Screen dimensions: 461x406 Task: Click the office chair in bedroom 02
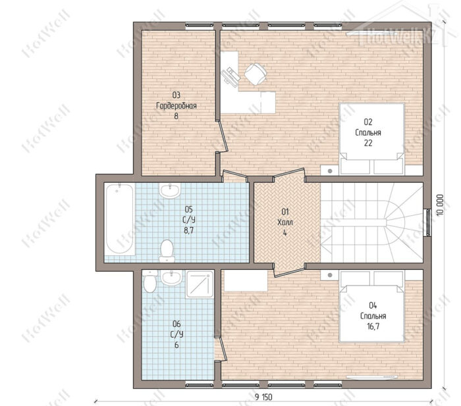(x=256, y=74)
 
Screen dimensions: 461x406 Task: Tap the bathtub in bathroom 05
(x=119, y=218)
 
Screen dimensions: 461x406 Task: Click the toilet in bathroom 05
(x=167, y=251)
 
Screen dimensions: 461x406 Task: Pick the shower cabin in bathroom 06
(x=200, y=284)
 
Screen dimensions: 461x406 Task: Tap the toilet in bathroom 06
(x=150, y=282)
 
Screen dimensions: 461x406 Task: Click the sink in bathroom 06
(x=171, y=278)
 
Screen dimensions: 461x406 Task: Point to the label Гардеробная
(x=176, y=106)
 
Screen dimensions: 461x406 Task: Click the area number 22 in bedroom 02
(x=368, y=143)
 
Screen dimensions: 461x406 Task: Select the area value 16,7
(x=373, y=326)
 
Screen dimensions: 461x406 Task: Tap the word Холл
(x=285, y=222)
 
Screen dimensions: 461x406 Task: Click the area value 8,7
(x=189, y=230)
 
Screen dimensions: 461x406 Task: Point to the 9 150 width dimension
(x=263, y=397)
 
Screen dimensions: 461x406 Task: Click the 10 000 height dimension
(x=440, y=205)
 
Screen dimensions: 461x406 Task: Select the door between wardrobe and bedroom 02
(x=222, y=136)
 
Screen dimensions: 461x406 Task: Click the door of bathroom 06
(x=221, y=349)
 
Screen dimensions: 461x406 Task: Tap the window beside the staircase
(x=427, y=222)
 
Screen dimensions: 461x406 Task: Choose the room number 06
(x=176, y=324)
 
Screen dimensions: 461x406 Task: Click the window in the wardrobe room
(x=200, y=26)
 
